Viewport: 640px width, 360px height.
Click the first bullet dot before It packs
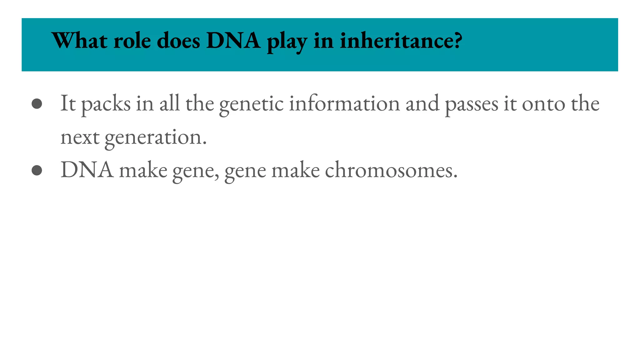[37, 104]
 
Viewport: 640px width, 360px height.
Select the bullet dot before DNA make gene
[37, 171]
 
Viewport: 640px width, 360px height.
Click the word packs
[106, 104]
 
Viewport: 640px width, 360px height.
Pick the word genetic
[251, 104]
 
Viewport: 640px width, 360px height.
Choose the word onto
[543, 104]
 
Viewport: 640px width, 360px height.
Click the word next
[80, 137]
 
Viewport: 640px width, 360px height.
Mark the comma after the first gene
[217, 177]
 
